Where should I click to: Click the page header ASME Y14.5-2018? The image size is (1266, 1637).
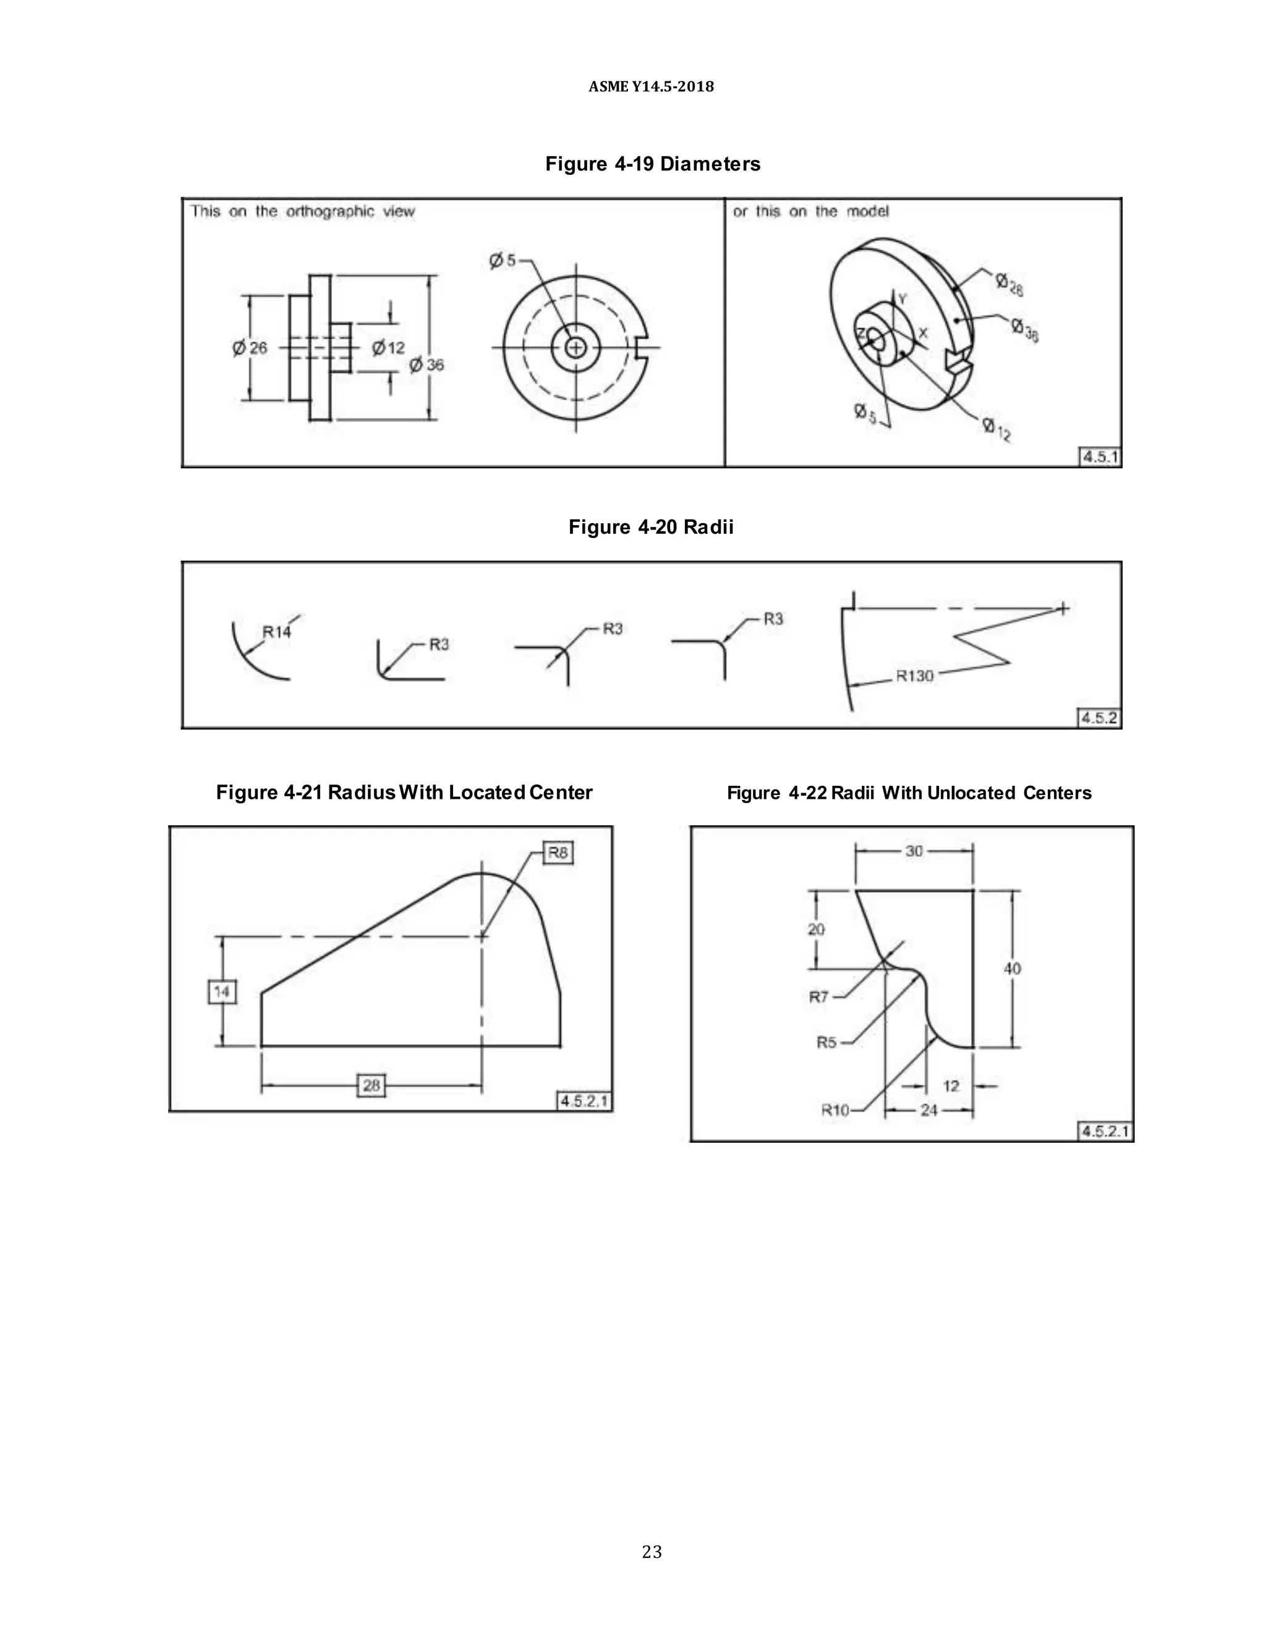click(651, 87)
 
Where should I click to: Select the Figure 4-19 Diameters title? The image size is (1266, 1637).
click(652, 164)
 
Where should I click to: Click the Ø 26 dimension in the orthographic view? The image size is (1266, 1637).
click(250, 348)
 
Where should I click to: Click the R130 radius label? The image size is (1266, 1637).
click(914, 676)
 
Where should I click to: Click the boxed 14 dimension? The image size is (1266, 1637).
click(221, 993)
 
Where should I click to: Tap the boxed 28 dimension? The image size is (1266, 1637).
click(372, 1085)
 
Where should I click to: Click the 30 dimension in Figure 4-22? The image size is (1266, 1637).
click(914, 851)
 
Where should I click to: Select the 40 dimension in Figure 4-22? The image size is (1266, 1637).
click(1012, 969)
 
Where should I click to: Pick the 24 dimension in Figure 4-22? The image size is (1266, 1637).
click(928, 1110)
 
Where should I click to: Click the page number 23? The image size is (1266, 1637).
click(652, 1552)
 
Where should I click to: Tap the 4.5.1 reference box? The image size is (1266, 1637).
click(1100, 457)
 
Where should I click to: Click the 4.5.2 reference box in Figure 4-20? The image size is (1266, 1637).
click(1098, 718)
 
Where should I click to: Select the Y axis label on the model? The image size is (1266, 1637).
click(903, 299)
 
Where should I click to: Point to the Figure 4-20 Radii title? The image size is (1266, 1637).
click(651, 527)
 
